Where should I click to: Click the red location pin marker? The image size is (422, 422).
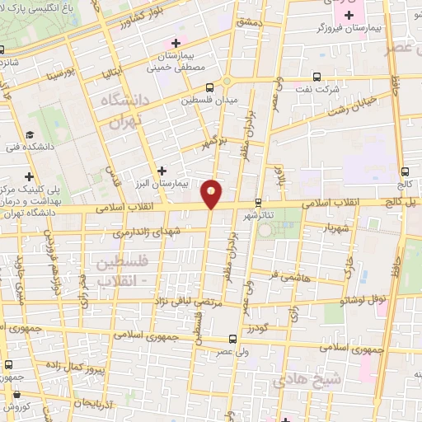pyautogui.click(x=213, y=192)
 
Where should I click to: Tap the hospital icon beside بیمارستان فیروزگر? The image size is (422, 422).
pyautogui.click(x=349, y=15)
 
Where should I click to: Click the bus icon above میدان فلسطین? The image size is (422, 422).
pyautogui.click(x=210, y=85)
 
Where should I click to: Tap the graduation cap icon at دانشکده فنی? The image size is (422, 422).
pyautogui.click(x=30, y=134)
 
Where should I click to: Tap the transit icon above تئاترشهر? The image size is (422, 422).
pyautogui.click(x=258, y=202)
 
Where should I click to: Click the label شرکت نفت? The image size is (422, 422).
pyautogui.click(x=316, y=87)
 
